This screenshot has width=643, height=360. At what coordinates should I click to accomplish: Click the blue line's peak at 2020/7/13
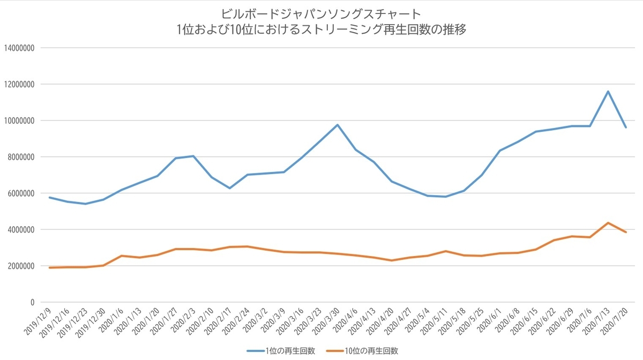point(608,91)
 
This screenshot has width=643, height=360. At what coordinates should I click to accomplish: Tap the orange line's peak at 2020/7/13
point(608,223)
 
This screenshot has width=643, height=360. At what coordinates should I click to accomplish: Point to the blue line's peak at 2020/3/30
point(338,125)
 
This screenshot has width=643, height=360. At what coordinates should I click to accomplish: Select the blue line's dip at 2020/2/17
point(229,188)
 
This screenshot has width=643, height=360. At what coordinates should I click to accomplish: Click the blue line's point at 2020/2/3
point(193,156)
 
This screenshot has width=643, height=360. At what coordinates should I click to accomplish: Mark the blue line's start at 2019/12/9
point(49,198)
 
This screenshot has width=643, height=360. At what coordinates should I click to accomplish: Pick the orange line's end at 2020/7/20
point(626,232)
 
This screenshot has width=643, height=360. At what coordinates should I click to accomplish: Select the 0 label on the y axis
point(33,303)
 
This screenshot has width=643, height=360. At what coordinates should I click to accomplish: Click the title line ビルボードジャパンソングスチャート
point(322,13)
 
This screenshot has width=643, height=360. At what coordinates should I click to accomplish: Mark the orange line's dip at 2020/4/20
point(392,260)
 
